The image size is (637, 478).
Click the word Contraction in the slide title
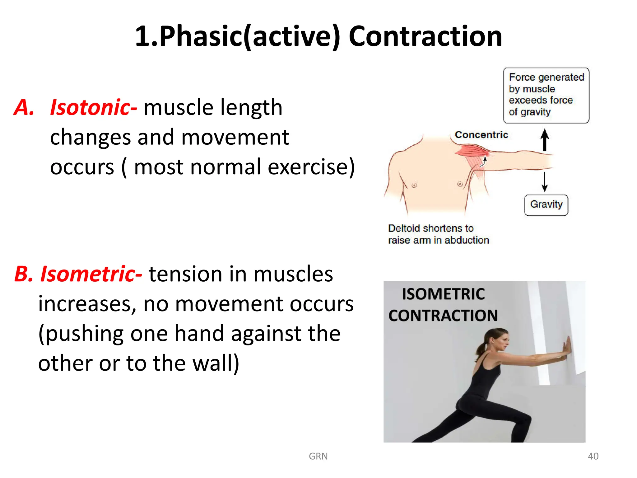click(x=425, y=36)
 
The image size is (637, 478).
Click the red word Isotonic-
click(x=93, y=107)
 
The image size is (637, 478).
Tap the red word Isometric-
click(x=91, y=274)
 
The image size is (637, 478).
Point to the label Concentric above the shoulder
click(x=481, y=135)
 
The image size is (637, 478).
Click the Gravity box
click(x=546, y=205)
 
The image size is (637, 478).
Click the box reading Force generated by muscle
click(x=546, y=95)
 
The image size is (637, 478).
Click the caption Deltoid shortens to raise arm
click(x=438, y=234)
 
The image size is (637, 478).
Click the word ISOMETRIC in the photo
click(x=443, y=294)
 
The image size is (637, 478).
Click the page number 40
click(x=593, y=456)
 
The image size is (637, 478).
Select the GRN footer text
click(x=318, y=456)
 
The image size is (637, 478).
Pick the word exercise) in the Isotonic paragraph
click(x=311, y=167)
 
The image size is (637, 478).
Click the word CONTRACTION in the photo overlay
click(x=443, y=316)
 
